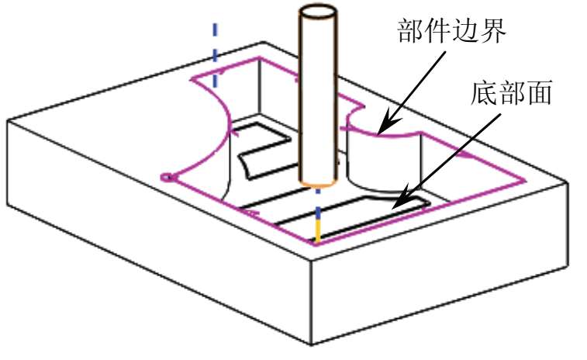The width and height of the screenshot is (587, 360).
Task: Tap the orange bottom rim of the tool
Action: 318,185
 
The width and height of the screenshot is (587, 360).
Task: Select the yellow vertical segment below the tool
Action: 317,230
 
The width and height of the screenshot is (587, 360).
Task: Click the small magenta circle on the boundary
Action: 165,177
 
